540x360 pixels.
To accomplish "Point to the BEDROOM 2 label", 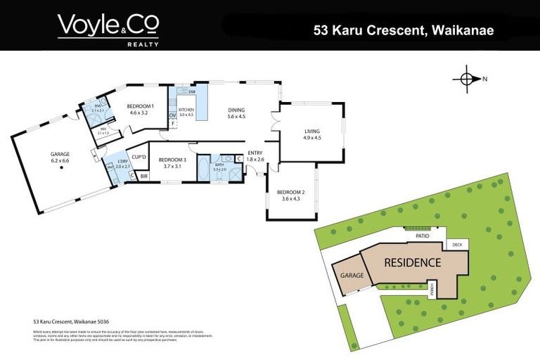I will (x=290, y=192).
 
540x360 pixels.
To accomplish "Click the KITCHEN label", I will (x=186, y=110).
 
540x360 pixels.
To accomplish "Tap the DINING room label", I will (x=236, y=110).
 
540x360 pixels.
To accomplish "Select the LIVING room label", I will (x=311, y=131).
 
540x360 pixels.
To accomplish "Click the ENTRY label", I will (x=255, y=153).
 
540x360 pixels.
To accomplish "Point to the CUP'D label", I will (x=138, y=157).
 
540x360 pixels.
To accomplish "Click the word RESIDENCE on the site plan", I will (x=412, y=263).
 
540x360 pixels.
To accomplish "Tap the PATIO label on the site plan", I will (x=422, y=236).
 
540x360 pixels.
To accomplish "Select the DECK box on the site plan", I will (x=457, y=245).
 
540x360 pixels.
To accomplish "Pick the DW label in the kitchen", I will (x=192, y=92).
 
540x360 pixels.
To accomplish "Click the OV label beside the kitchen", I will (x=172, y=115).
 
